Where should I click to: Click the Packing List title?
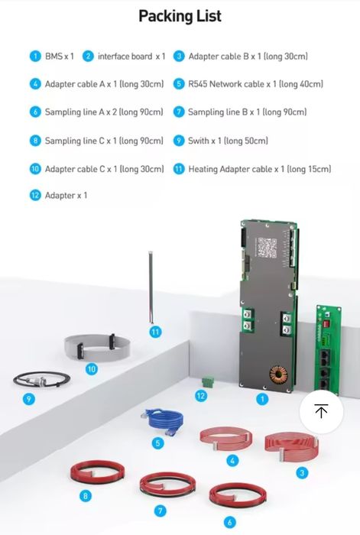[180, 16]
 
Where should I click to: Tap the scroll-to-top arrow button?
[321, 411]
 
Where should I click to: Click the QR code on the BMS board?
[267, 248]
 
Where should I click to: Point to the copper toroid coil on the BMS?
[278, 375]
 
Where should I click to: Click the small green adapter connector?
[207, 381]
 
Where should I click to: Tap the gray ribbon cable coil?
[97, 347]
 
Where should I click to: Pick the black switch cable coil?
[41, 379]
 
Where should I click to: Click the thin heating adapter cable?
[151, 287]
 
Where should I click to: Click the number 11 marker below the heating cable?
[155, 332]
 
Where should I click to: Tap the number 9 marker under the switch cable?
[29, 399]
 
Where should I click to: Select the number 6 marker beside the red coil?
[229, 522]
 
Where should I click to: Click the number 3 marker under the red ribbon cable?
[302, 473]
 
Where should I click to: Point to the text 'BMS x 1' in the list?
[60, 57]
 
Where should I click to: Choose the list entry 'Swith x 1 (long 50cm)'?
[228, 141]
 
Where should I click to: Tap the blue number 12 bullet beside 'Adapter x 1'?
[35, 196]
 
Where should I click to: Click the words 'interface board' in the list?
[125, 57]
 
